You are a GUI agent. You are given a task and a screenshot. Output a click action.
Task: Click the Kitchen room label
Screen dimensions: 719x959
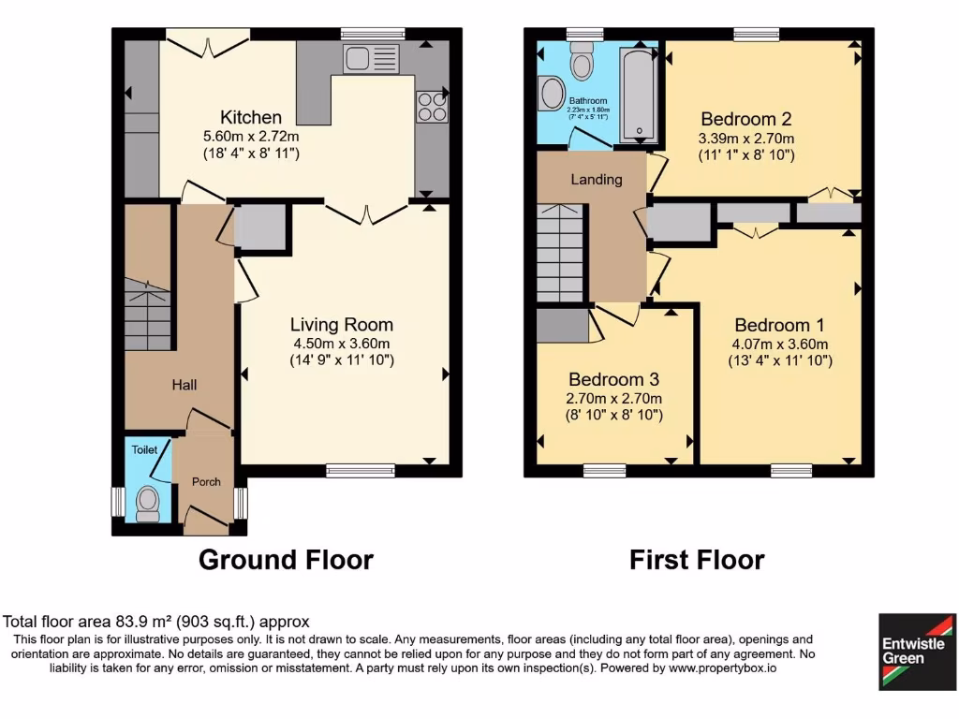click(x=250, y=117)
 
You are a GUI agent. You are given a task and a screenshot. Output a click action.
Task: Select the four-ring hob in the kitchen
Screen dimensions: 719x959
click(x=431, y=106)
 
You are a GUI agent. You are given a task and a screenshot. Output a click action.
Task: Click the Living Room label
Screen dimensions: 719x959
click(x=341, y=325)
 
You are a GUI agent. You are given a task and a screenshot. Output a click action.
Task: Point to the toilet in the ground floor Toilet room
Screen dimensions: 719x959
click(x=148, y=503)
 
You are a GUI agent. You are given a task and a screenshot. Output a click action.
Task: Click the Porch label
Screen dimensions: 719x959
click(x=206, y=482)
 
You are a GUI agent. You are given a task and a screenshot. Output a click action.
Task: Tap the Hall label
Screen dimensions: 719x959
click(x=184, y=384)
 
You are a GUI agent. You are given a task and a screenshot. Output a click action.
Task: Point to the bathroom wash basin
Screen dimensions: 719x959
click(x=551, y=94)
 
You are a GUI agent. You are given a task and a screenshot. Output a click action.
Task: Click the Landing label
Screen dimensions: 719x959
click(x=597, y=179)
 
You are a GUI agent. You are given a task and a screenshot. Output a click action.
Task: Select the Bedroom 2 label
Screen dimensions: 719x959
click(x=746, y=119)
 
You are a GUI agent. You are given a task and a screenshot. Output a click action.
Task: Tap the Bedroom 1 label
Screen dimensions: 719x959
click(x=779, y=325)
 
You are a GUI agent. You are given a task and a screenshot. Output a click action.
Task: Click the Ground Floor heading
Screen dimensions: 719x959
click(x=286, y=560)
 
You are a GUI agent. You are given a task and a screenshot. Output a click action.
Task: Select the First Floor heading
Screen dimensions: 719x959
click(x=696, y=560)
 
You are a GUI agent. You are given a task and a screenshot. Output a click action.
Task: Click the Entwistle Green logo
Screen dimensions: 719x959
click(x=917, y=652)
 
